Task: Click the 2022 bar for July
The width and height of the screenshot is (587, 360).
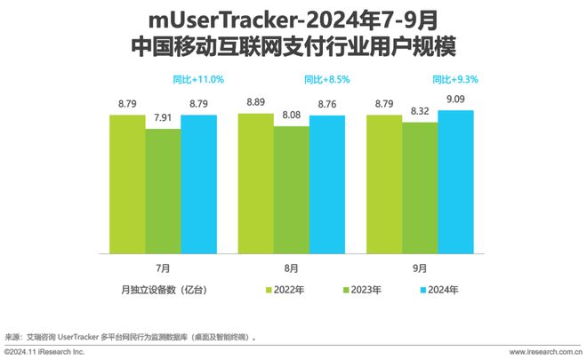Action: pos(127,184)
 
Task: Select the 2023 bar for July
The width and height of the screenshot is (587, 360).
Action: pos(163,191)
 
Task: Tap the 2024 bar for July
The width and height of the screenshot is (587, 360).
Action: pos(198,184)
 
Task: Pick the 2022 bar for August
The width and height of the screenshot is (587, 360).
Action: pos(255,183)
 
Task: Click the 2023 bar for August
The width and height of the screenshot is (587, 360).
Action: pos(291,189)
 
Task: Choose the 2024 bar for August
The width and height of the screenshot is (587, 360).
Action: pos(326,184)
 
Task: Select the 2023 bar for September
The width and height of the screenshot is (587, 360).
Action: pos(419,188)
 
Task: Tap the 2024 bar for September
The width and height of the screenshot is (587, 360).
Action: pos(455,181)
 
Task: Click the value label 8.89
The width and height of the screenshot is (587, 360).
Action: pos(255,103)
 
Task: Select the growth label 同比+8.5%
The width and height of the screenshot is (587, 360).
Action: pos(326,79)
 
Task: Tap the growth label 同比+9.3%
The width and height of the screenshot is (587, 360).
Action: pos(455,79)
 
